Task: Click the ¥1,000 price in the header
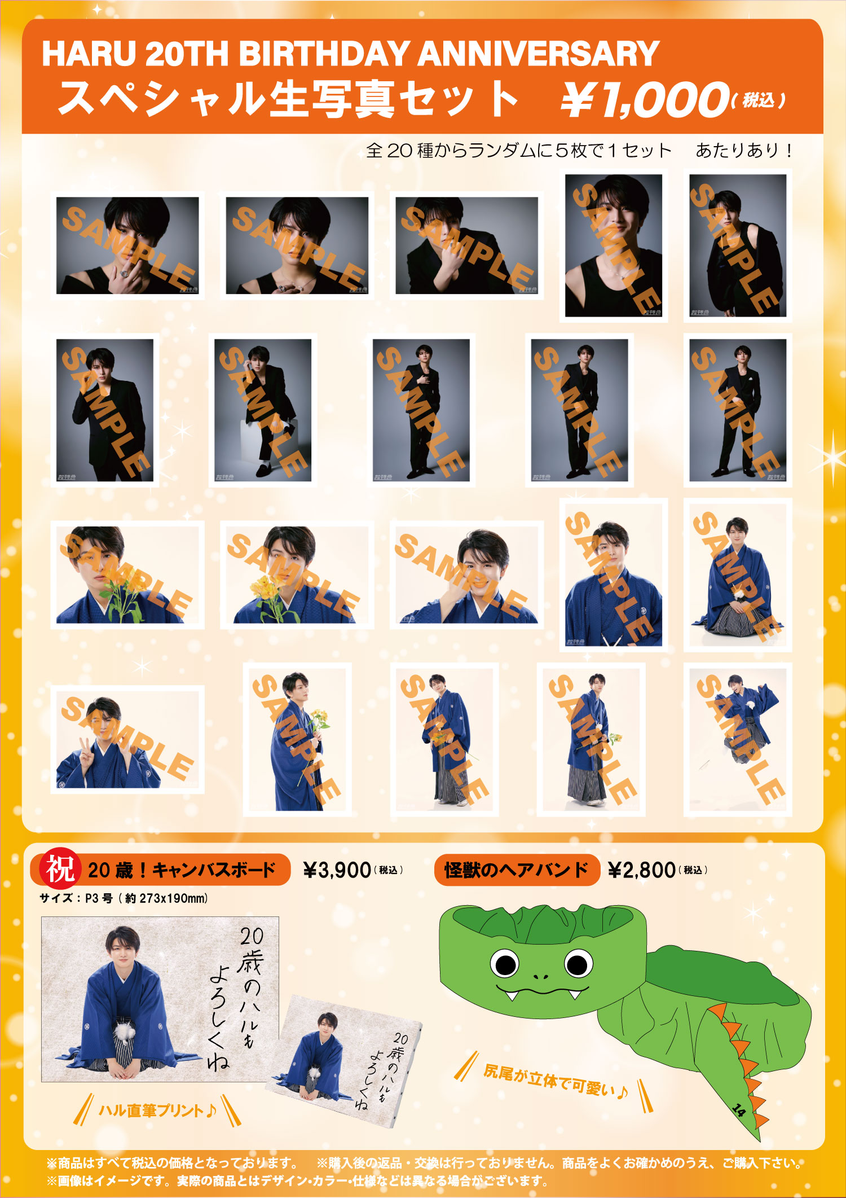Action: (643, 99)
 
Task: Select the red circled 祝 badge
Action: (59, 869)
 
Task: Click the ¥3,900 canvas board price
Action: (337, 870)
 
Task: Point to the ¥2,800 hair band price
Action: (641, 870)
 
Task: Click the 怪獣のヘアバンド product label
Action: (515, 870)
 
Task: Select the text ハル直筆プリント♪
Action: (157, 1111)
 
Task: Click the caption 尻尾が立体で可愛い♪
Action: (556, 1081)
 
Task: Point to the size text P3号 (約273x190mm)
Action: (146, 898)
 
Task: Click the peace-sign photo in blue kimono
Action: (127, 739)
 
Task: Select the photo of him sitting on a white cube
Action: (263, 410)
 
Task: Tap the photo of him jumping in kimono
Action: (738, 739)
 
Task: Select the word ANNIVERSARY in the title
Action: (539, 54)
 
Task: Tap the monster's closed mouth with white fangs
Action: (541, 991)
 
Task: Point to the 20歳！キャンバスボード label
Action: (182, 870)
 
